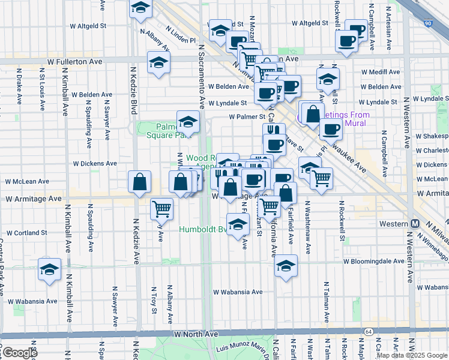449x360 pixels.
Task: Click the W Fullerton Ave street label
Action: pos(74,61)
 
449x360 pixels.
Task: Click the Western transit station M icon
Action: pos(415,223)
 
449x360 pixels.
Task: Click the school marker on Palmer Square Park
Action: pos(188,122)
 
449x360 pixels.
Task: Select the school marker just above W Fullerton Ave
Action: pos(158,62)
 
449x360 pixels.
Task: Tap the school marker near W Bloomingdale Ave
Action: pos(286,265)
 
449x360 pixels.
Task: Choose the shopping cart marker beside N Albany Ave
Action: pos(162,208)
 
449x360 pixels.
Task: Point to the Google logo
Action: pos(19,353)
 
